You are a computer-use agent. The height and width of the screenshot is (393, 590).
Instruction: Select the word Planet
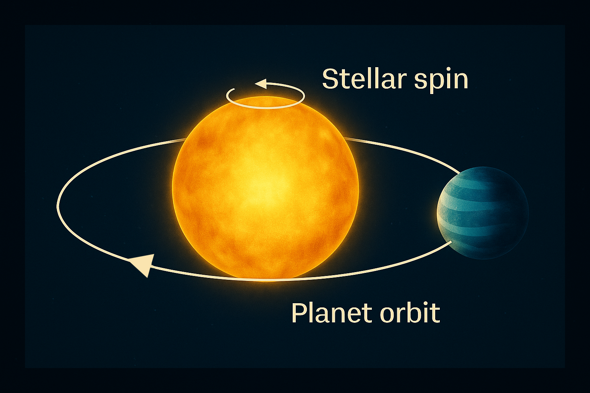click(330, 313)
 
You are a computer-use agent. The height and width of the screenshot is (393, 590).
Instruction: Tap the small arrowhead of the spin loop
click(261, 84)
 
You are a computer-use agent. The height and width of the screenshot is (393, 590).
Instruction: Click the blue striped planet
click(482, 213)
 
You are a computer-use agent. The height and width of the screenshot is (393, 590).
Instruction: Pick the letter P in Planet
click(298, 313)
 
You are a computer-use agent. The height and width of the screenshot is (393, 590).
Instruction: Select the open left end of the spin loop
click(234, 89)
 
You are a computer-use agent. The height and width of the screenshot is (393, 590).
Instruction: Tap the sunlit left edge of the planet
click(439, 213)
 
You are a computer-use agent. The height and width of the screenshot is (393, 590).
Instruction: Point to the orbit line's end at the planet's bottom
click(451, 243)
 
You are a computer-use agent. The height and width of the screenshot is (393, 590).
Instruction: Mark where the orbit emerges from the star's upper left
click(185, 140)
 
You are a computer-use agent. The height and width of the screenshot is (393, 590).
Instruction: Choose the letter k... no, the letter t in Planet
click(365, 314)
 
